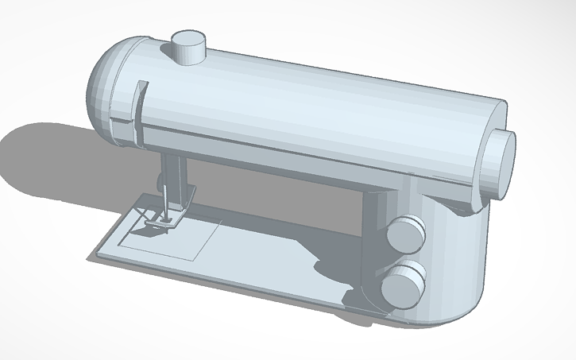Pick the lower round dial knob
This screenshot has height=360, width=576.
click(x=403, y=284)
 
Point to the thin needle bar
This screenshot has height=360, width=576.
click(x=162, y=199)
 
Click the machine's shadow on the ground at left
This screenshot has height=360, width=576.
click(x=48, y=159)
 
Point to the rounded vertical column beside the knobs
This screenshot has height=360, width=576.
click(x=453, y=262)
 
